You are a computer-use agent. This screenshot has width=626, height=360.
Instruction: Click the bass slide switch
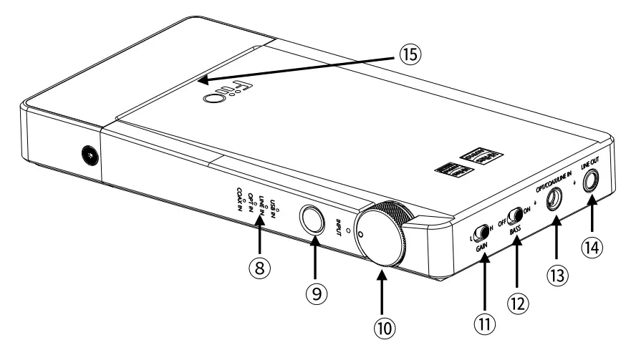point(513,215)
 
